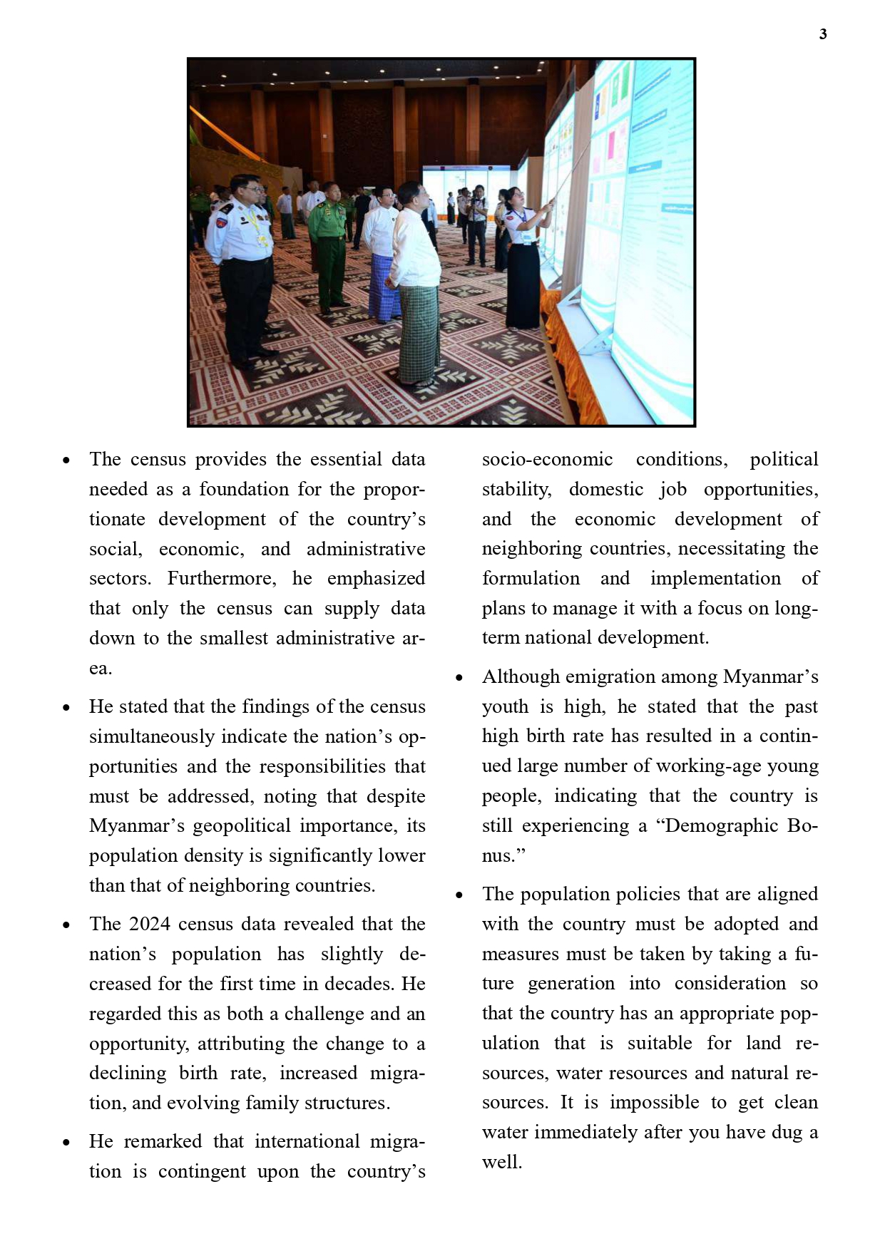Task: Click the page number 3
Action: tap(823, 34)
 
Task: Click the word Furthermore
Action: tap(221, 578)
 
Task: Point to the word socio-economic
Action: tap(547, 459)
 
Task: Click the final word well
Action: tap(501, 1162)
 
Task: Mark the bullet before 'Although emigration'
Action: tap(459, 677)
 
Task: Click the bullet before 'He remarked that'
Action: tap(66, 1142)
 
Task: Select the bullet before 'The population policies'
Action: tap(459, 895)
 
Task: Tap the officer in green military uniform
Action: tap(329, 242)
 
